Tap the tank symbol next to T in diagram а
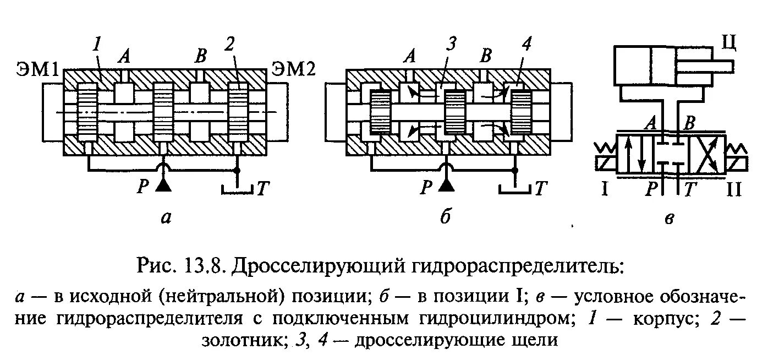click(x=237, y=189)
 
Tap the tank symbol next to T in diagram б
click(x=515, y=189)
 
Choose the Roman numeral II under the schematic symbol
click(x=733, y=190)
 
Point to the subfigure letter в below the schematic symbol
click(x=670, y=219)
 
